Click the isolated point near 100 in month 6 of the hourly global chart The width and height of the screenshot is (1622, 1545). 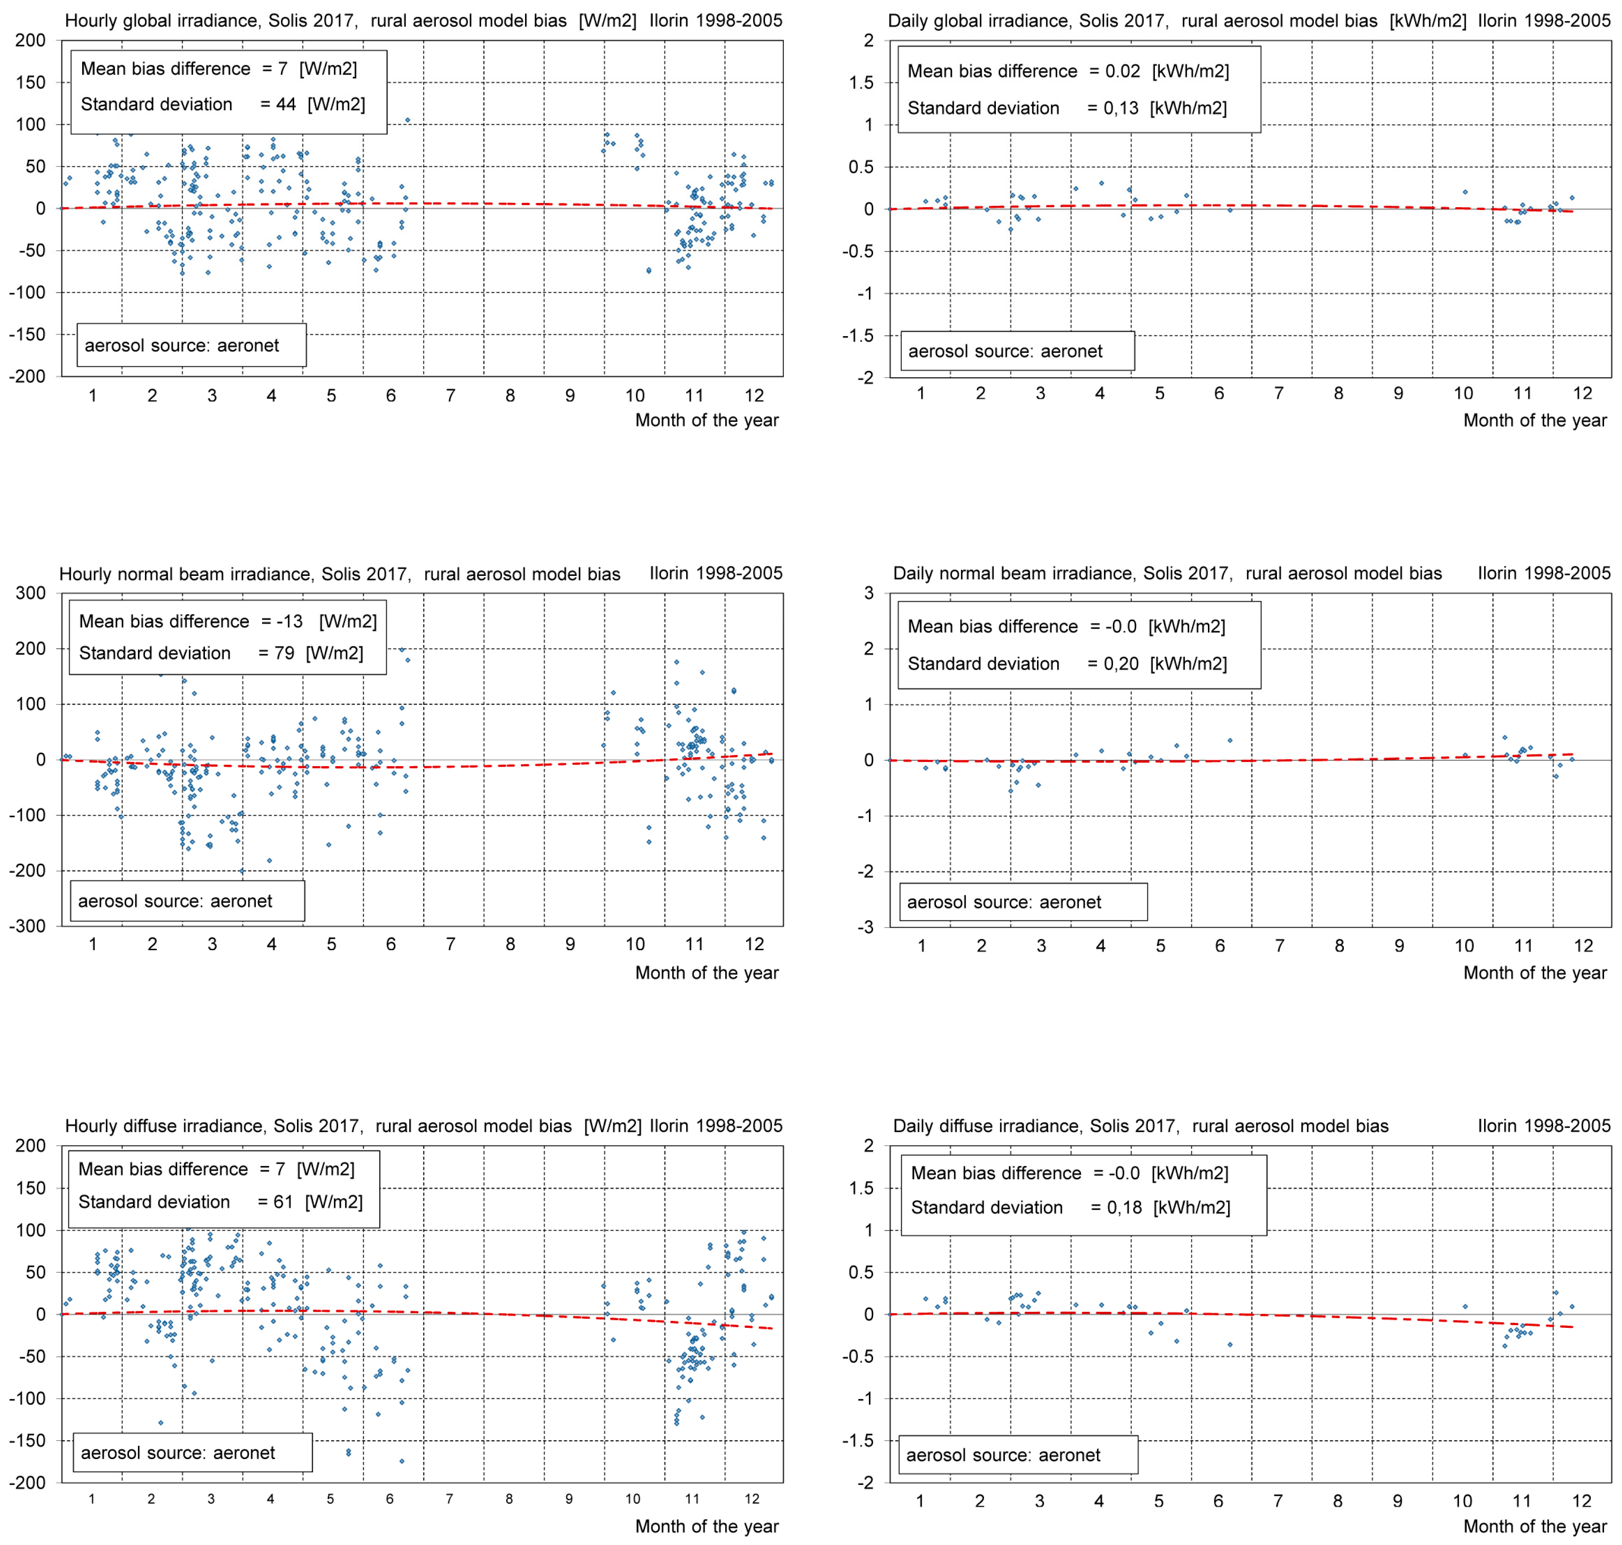(407, 120)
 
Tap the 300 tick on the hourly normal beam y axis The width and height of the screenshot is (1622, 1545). (31, 593)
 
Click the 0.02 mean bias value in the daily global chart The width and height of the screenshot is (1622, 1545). (1123, 72)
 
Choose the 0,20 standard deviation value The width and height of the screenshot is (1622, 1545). (1121, 664)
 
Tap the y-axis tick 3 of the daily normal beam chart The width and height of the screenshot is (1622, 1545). (868, 593)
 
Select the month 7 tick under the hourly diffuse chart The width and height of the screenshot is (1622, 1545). (449, 1499)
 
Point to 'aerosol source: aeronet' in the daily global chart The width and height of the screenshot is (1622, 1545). (1005, 352)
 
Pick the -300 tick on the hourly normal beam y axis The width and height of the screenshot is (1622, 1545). (27, 926)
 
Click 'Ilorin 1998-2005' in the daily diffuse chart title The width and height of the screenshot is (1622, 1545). (1544, 1126)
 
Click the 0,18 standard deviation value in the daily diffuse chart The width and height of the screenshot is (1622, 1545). (1124, 1207)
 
